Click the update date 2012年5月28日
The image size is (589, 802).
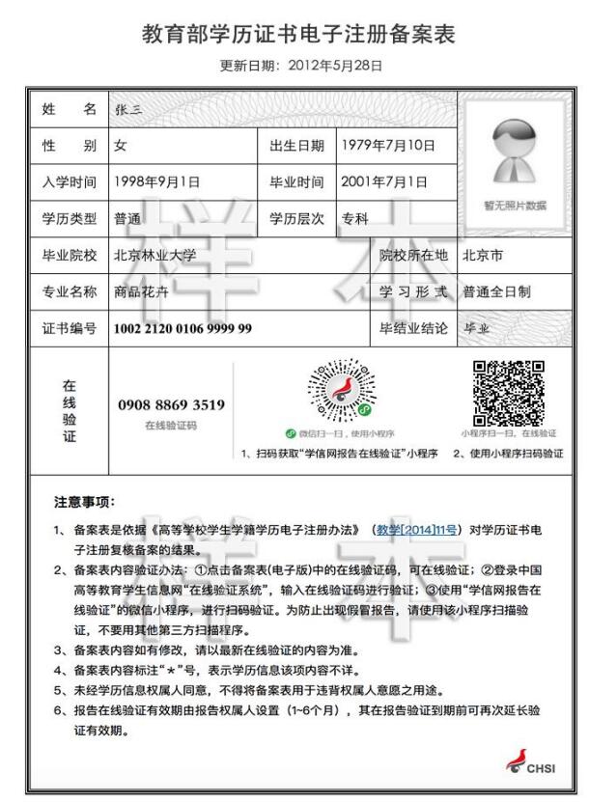click(x=337, y=66)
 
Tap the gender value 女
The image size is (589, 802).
click(x=120, y=146)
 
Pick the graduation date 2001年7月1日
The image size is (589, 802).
click(x=385, y=181)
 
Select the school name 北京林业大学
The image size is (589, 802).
click(x=155, y=256)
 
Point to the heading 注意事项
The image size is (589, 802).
click(x=84, y=502)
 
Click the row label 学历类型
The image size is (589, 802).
click(x=70, y=218)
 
